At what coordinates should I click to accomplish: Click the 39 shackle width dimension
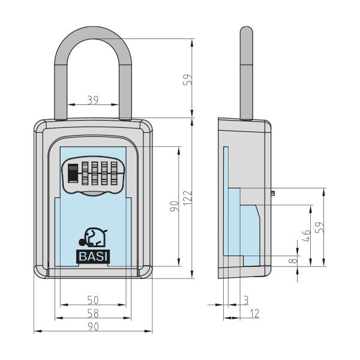[93, 100]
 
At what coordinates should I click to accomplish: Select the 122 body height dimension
[188, 198]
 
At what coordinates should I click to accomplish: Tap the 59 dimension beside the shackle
[187, 80]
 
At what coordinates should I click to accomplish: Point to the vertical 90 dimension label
[174, 206]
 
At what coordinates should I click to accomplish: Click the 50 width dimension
[93, 300]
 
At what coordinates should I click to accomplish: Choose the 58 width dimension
[93, 313]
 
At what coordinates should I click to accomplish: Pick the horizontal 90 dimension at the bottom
[93, 326]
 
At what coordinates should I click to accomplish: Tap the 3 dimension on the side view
[246, 300]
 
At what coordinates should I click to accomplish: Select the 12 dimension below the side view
[254, 313]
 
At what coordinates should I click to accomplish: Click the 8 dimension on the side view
[293, 260]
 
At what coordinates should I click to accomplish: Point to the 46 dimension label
[306, 236]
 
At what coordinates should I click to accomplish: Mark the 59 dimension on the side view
[319, 227]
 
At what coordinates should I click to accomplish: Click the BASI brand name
[93, 256]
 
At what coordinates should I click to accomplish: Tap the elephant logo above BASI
[93, 237]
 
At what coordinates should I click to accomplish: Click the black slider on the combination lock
[73, 173]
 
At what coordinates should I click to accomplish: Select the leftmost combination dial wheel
[85, 173]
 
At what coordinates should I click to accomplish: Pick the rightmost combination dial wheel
[114, 173]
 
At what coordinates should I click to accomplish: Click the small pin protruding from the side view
[273, 193]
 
